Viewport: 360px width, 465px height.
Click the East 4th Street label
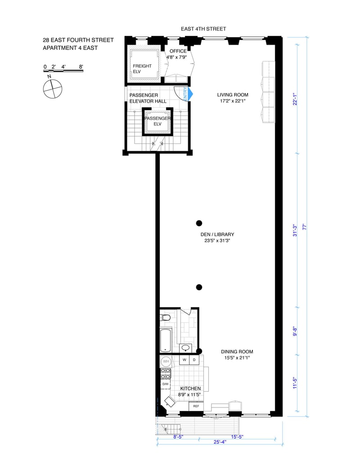(x=203, y=29)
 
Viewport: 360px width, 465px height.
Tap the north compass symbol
(x=53, y=89)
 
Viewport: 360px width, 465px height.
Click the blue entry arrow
(x=190, y=94)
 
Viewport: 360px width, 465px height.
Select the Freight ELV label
(x=142, y=69)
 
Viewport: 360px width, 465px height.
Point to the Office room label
(x=178, y=51)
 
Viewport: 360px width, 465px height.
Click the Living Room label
(x=233, y=95)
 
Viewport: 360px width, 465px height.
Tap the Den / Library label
(x=217, y=234)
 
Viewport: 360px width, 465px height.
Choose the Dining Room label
(x=237, y=352)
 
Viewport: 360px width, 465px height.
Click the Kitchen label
(x=190, y=389)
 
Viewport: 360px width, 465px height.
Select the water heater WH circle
(x=166, y=362)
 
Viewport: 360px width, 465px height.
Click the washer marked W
(x=184, y=360)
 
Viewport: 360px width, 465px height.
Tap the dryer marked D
(x=194, y=360)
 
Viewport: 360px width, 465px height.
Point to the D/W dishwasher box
(x=166, y=384)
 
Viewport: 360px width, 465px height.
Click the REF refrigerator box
(x=196, y=406)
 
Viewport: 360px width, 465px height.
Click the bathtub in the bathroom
(x=166, y=341)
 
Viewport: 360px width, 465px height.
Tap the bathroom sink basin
(x=186, y=348)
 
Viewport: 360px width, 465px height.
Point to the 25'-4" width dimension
(x=220, y=442)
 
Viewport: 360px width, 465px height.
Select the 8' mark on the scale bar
(x=81, y=67)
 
